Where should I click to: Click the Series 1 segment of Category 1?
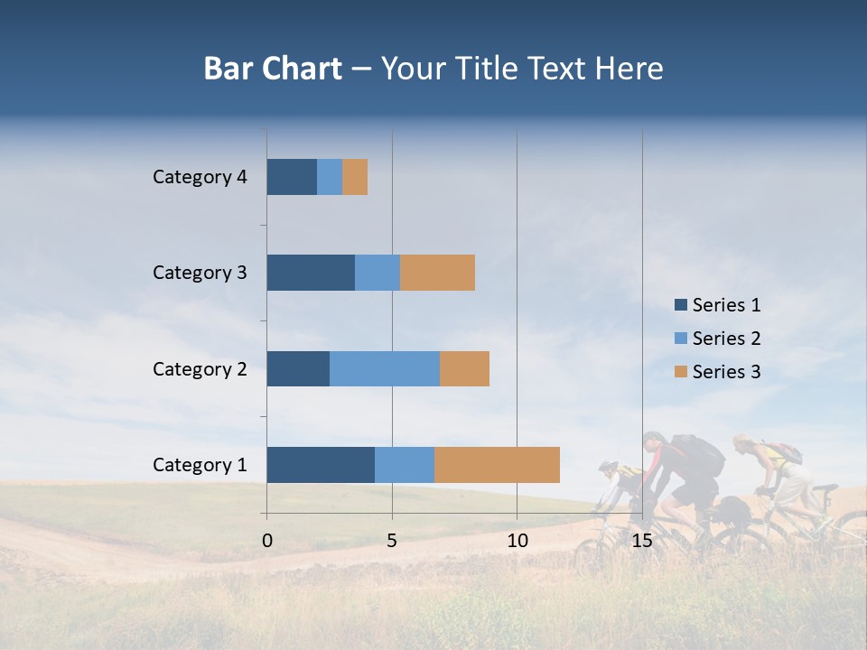[321, 464]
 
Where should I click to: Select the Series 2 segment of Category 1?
[405, 464]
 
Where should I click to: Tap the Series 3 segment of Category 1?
[497, 464]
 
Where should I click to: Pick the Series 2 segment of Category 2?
[385, 368]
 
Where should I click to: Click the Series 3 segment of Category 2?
[464, 368]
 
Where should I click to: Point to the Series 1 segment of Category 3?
[311, 273]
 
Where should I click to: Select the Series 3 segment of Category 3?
[437, 273]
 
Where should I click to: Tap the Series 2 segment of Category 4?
[330, 177]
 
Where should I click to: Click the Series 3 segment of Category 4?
[355, 177]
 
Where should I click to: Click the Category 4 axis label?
[200, 177]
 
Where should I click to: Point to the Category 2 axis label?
[200, 368]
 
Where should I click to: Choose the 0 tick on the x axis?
[267, 540]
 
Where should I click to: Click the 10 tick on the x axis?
[517, 540]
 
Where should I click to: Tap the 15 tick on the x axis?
[641, 540]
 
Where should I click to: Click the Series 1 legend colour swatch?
[680, 305]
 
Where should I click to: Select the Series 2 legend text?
[726, 339]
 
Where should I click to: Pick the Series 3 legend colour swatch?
[680, 372]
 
